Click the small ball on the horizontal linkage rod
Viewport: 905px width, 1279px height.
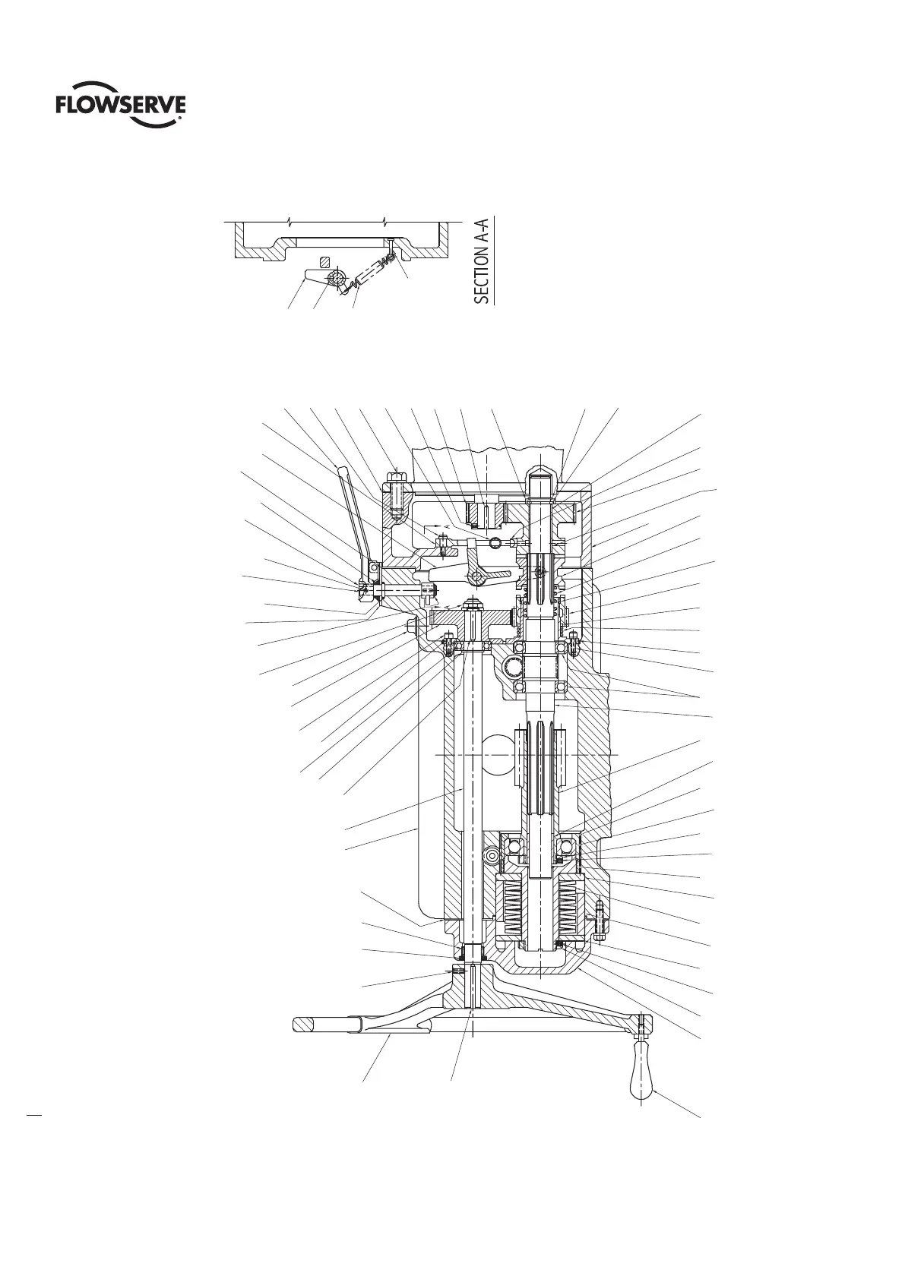pos(495,542)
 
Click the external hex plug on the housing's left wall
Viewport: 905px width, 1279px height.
pos(413,627)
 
